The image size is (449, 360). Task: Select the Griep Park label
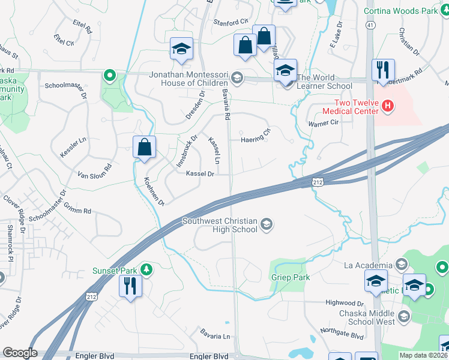tap(290, 278)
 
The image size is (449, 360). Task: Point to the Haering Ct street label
tap(256, 140)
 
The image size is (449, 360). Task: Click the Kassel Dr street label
tap(200, 173)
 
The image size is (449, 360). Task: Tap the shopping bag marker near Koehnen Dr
tap(145, 148)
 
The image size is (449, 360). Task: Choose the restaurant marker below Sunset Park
tap(130, 286)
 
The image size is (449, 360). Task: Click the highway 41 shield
tap(372, 25)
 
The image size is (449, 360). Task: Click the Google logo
tap(20, 353)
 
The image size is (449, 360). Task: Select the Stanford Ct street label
tap(231, 22)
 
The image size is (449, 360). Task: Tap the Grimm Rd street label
tap(79, 211)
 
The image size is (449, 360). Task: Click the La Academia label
tap(368, 265)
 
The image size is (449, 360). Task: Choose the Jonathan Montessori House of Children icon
tap(238, 77)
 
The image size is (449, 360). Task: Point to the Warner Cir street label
tap(324, 124)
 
